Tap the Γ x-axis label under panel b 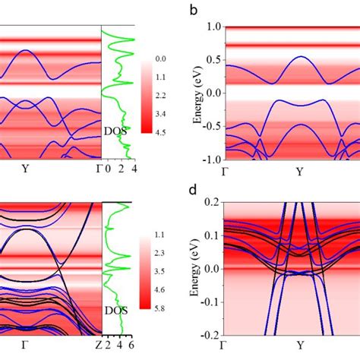coord(225,171)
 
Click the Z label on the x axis coord(102,346)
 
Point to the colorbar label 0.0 coord(159,58)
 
